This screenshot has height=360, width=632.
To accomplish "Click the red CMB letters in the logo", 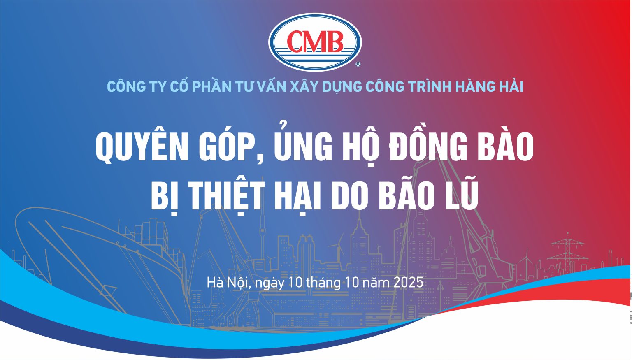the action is pos(315,42).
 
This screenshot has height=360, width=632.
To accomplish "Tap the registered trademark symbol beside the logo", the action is pos(358,64).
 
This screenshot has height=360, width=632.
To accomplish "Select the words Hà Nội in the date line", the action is pos(228,282).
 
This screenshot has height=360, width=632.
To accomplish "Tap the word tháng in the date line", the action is pos(323,283).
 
